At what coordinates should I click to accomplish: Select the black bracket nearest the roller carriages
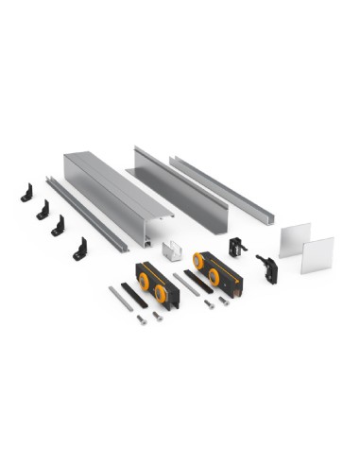point(79,250)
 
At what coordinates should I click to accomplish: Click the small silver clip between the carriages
point(171,250)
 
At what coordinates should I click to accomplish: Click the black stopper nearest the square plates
point(267,270)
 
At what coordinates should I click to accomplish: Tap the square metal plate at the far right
point(317,255)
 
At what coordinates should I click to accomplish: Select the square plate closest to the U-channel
point(295,239)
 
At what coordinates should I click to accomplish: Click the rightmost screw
point(224,302)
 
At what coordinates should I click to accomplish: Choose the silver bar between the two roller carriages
point(186,284)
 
